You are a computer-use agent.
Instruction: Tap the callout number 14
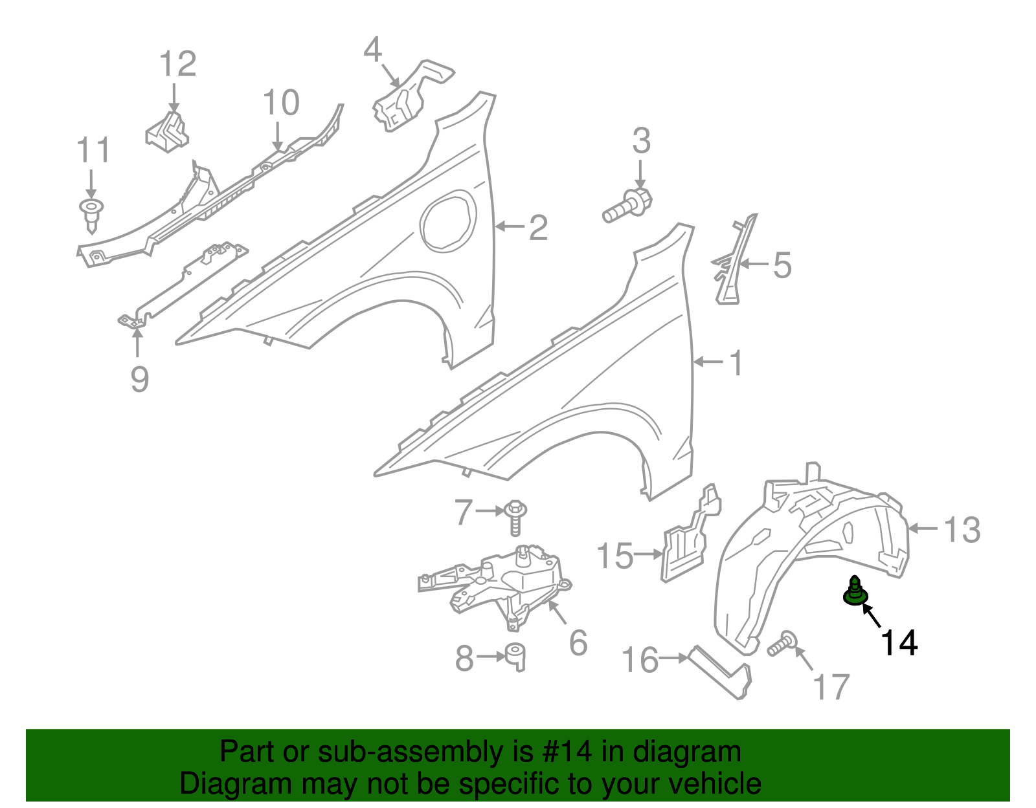[x=899, y=642]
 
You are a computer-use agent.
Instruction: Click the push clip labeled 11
[x=91, y=213]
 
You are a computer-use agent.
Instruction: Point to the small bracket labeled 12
[x=166, y=133]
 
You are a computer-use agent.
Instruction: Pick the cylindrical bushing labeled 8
[x=515, y=657]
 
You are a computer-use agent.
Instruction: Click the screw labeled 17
[x=782, y=644]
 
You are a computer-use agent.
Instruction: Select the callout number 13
[x=962, y=530]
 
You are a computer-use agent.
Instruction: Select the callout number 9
[x=139, y=379]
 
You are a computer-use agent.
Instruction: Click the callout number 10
[x=281, y=103]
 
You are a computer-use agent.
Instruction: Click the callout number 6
[x=578, y=642]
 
